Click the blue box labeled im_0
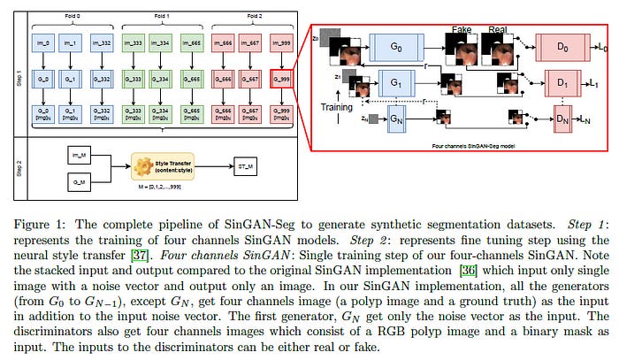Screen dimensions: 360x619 (42, 43)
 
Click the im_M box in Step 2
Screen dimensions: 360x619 (77, 154)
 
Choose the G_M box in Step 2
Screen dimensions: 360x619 (77, 183)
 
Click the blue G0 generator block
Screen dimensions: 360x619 (396, 45)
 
